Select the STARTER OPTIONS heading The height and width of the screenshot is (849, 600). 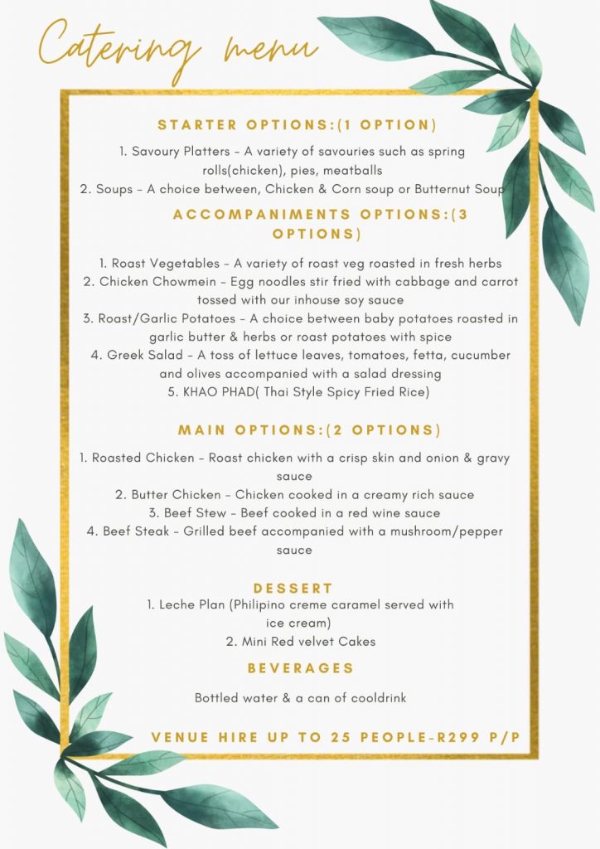[x=297, y=125]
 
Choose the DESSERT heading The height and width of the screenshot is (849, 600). [x=293, y=588]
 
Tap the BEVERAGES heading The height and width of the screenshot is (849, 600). [x=301, y=667]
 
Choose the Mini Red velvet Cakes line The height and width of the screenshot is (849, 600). [x=300, y=641]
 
